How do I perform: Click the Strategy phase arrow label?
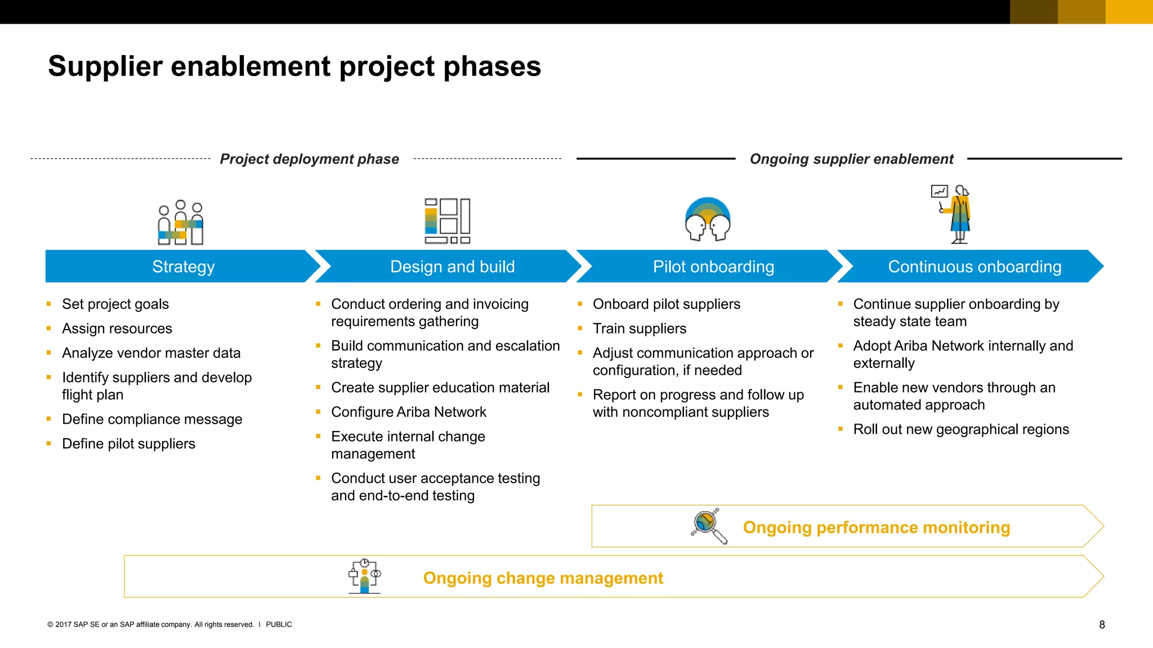[x=184, y=267]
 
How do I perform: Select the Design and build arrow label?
[x=452, y=267]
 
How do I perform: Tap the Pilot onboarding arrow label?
[x=713, y=267]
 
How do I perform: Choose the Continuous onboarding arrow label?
[x=975, y=267]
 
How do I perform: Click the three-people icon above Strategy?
[x=180, y=223]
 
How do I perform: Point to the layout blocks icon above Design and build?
[x=448, y=220]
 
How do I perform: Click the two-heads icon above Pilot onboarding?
[x=708, y=219]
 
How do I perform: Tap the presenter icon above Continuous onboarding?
[x=953, y=214]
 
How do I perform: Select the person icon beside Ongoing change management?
[x=365, y=577]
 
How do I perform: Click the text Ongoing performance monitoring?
[x=876, y=528]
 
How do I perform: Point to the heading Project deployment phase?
[x=309, y=159]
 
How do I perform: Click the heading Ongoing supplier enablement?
[x=851, y=159]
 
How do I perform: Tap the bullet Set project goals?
[x=115, y=304]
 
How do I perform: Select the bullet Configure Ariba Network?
[x=409, y=412]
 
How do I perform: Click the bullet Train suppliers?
[x=640, y=329]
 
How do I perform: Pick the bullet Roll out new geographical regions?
[x=960, y=430]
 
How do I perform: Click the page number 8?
[x=1102, y=625]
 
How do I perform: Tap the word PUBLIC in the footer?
[x=279, y=625]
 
